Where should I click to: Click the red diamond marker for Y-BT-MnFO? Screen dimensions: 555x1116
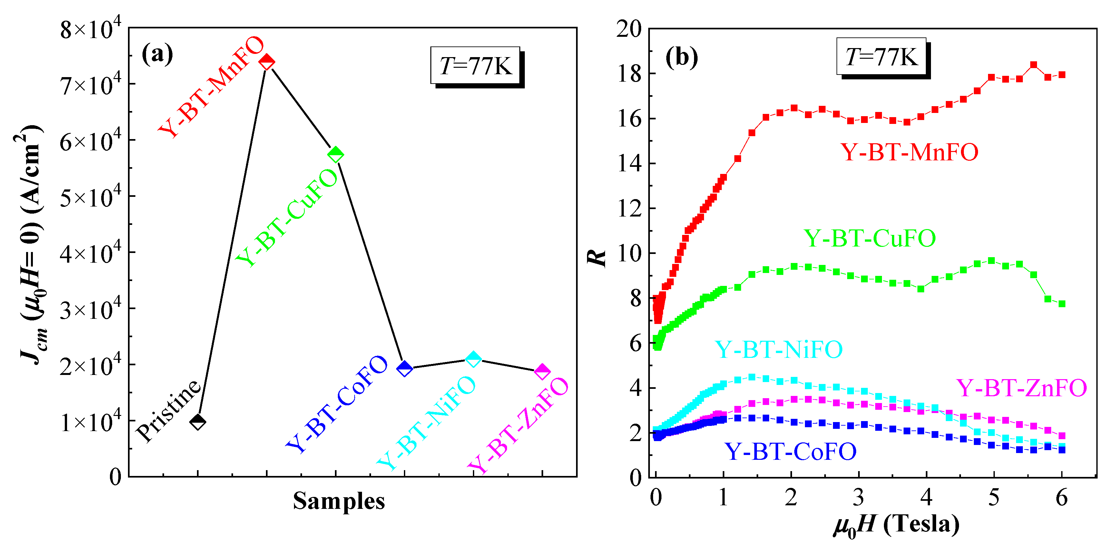click(267, 62)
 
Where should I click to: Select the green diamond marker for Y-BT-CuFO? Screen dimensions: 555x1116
click(336, 154)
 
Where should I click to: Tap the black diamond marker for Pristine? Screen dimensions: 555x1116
click(198, 421)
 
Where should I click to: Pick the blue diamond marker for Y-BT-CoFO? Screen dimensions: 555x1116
click(405, 368)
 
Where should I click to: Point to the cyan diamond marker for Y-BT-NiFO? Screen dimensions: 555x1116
click(473, 359)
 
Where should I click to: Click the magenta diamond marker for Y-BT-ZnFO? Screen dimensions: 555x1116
click(542, 372)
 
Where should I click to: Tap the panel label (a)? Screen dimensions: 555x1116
click(157, 54)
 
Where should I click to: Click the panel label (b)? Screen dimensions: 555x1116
click(681, 57)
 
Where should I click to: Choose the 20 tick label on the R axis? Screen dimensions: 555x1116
click(629, 29)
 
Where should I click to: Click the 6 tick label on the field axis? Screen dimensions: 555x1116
click(1062, 498)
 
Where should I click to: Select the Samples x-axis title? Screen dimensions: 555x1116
click(339, 501)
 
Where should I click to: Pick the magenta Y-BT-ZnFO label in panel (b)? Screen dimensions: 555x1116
click(1021, 388)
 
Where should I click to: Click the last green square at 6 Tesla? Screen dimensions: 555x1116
click(1062, 304)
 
